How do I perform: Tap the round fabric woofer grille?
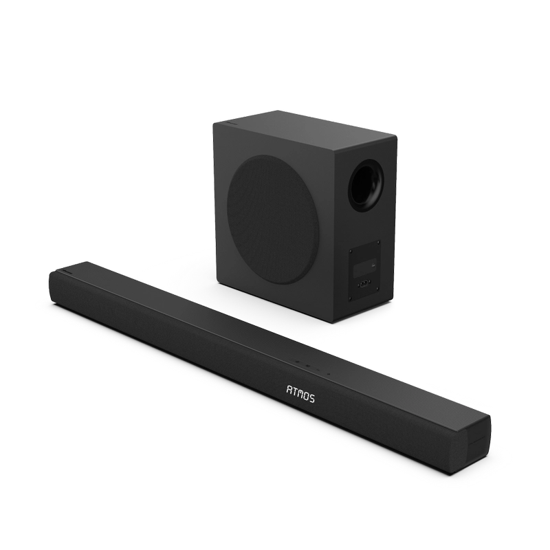click(x=272, y=220)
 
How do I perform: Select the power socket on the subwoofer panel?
click(x=364, y=283)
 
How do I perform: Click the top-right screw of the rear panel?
click(x=379, y=242)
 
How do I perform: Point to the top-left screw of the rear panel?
click(x=351, y=251)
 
